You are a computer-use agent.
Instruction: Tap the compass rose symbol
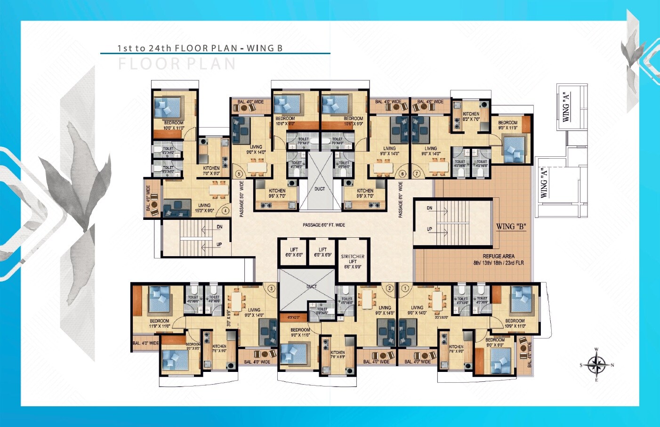click(x=596, y=365)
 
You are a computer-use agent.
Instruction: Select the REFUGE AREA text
click(x=499, y=257)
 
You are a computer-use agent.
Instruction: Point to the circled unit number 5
click(x=239, y=174)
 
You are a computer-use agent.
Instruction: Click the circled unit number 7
click(x=416, y=174)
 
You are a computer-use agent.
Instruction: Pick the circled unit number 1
click(x=405, y=288)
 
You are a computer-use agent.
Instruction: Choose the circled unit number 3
click(x=271, y=288)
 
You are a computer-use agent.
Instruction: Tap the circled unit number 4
click(x=225, y=210)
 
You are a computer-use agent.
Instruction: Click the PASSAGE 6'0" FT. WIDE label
click(x=324, y=225)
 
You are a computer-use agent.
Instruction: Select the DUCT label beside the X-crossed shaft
click(x=320, y=189)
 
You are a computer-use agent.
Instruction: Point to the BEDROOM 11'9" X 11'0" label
click(x=160, y=323)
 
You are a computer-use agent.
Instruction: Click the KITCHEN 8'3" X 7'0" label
click(x=471, y=116)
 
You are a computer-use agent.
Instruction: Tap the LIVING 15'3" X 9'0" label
click(x=204, y=208)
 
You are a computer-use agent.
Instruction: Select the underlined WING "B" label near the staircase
click(x=511, y=226)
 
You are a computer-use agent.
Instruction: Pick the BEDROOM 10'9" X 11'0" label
click(x=515, y=323)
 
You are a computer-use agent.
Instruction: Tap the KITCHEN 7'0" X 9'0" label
click(x=211, y=170)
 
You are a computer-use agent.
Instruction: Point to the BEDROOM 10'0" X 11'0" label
click(x=174, y=125)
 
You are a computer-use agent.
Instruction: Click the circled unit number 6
click(x=402, y=174)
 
